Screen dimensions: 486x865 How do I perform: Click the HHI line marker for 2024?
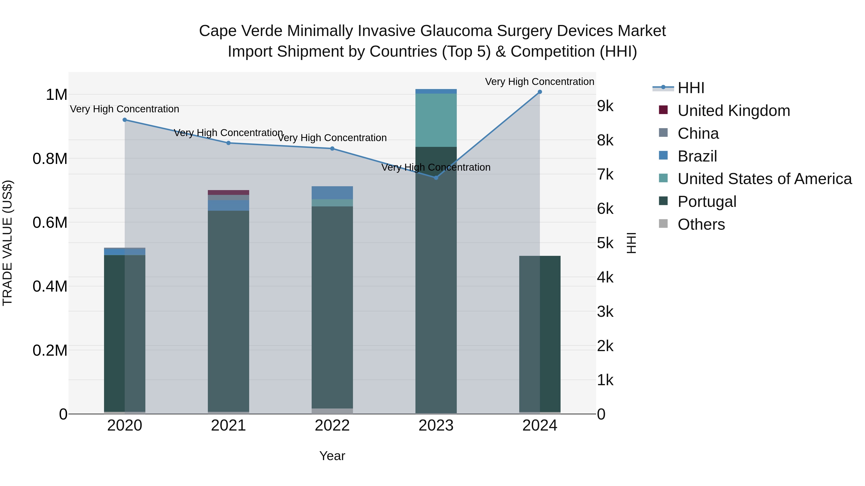[540, 92]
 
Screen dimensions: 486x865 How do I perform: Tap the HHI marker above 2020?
[124, 120]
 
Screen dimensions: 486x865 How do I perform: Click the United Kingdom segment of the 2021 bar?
[228, 192]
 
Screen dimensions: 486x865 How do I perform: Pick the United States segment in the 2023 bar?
[436, 120]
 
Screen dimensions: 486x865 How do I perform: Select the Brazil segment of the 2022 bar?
[332, 193]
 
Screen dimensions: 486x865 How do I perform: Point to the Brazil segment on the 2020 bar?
[124, 251]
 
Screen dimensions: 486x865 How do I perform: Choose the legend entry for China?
[698, 133]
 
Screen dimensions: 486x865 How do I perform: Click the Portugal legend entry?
[706, 202]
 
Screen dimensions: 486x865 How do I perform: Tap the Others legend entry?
[701, 224]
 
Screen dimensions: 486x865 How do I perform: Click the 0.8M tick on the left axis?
[50, 159]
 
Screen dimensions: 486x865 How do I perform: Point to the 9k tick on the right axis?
[605, 106]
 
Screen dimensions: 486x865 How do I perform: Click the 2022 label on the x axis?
[332, 426]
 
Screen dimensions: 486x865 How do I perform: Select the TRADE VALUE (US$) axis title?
[7, 243]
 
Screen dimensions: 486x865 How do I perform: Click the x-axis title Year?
[332, 456]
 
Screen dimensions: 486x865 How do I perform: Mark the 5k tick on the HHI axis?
[605, 243]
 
